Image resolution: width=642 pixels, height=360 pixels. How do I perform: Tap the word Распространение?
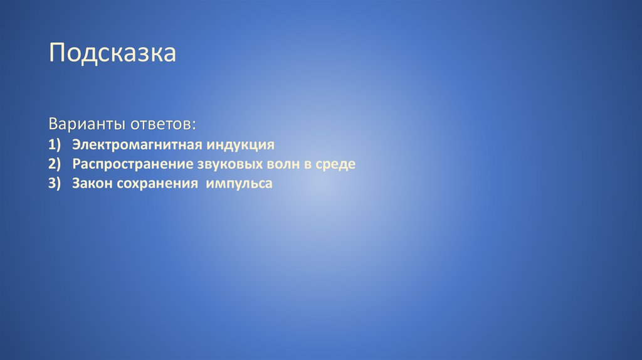[x=132, y=164]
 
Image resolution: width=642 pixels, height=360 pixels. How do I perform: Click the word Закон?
[x=91, y=184]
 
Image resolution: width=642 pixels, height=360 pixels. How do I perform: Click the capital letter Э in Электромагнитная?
[x=76, y=145]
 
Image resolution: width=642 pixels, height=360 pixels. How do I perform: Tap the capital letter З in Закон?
[x=76, y=184]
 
